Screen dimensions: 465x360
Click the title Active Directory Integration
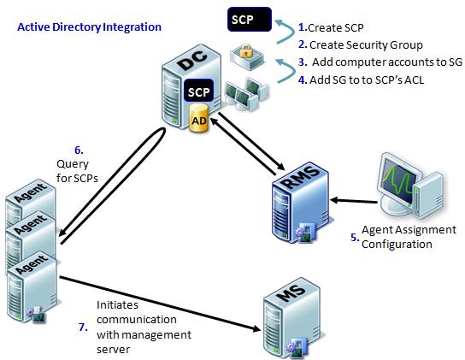(x=89, y=27)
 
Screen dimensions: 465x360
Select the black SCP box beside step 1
(x=250, y=20)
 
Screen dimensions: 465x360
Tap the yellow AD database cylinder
(x=198, y=118)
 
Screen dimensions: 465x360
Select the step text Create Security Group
(x=366, y=45)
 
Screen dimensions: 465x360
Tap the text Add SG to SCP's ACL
(x=367, y=80)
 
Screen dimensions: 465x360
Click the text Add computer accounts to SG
(x=387, y=62)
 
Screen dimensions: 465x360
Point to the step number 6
(x=79, y=150)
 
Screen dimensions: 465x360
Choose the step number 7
(x=83, y=327)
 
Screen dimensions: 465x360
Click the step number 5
(x=355, y=238)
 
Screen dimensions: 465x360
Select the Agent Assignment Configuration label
(x=409, y=237)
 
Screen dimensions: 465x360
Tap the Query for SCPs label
(x=77, y=171)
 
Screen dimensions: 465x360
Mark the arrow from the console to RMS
(x=354, y=201)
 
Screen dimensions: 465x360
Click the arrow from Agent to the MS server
(x=161, y=304)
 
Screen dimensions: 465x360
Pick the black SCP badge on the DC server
(x=198, y=91)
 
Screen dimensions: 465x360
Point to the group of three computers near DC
(x=246, y=93)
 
